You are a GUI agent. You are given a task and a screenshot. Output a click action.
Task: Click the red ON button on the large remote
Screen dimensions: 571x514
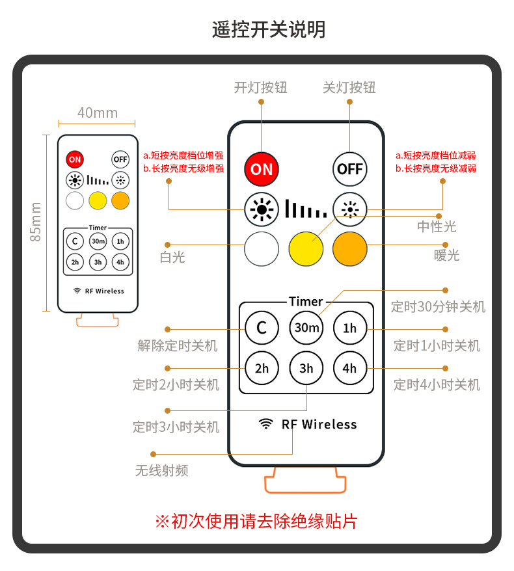262,169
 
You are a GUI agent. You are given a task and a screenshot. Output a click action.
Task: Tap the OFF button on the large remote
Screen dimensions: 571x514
349,169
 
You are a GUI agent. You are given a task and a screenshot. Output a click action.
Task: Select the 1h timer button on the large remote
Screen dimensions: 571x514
349,328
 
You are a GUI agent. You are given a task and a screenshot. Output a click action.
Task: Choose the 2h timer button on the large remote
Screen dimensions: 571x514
262,369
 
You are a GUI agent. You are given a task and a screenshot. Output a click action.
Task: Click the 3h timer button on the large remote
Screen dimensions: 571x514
306,369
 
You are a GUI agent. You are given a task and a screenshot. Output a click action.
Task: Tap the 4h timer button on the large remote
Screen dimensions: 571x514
349,369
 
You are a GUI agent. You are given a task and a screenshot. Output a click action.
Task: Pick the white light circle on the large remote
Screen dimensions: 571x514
262,248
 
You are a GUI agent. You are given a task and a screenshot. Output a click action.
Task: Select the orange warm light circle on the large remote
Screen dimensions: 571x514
349,248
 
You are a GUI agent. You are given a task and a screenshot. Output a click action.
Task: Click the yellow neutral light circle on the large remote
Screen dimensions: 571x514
306,248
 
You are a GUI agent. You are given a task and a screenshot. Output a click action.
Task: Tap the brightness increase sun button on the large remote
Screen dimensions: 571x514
262,209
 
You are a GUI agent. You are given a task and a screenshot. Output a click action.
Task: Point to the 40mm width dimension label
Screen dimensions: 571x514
98,113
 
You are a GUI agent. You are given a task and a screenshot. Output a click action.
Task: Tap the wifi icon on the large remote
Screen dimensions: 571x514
265,424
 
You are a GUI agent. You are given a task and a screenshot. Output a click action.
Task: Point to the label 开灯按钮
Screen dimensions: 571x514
260,88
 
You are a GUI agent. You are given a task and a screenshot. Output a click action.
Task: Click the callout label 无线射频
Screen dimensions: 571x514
162,470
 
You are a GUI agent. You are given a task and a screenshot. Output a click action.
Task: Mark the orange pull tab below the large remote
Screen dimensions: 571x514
306,482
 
